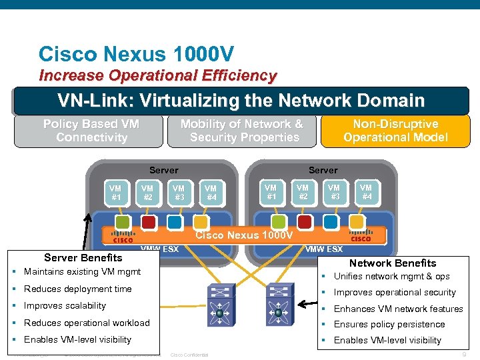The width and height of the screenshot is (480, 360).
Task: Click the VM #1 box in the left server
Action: (116, 193)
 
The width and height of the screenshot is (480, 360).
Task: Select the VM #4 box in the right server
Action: (366, 193)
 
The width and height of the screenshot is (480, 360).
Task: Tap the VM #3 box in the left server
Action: (179, 193)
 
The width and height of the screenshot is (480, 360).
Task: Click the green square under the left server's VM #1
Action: (123, 222)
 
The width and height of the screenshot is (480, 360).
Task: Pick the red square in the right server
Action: (304, 221)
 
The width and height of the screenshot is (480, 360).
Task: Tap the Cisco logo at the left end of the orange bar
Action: (122, 237)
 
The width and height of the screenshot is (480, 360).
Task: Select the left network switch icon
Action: (219, 302)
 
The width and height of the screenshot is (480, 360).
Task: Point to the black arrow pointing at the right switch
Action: (307, 304)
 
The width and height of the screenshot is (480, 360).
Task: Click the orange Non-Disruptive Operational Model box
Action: (395, 131)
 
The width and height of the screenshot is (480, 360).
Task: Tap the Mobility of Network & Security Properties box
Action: (241, 131)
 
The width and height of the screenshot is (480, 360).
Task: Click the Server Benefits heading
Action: (83, 257)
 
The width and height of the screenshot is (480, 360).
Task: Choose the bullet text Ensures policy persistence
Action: (389, 325)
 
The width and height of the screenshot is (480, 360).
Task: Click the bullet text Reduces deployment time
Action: (77, 289)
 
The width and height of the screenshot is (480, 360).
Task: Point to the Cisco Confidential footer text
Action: (190, 355)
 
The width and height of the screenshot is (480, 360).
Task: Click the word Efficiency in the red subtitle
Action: (237, 75)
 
